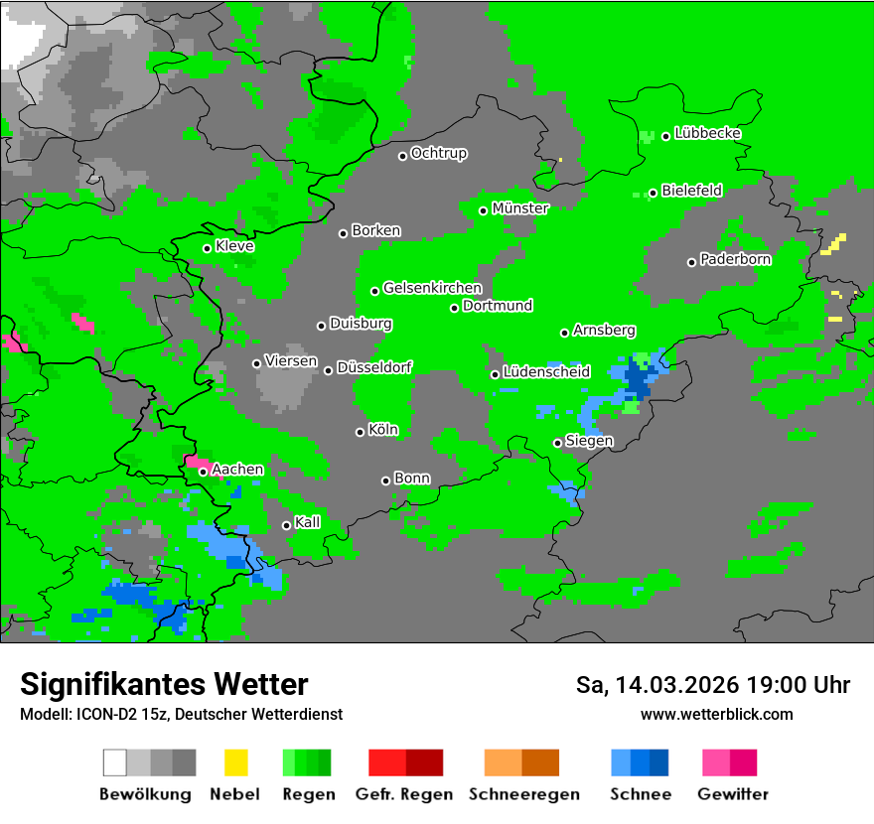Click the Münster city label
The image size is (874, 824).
[x=520, y=208]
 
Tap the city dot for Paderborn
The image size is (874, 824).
[x=692, y=262]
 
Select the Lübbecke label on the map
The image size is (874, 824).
[x=707, y=133]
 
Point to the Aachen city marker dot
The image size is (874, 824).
[x=204, y=473]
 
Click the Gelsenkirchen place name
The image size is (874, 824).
[x=432, y=289]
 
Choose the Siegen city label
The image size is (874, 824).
[x=589, y=441]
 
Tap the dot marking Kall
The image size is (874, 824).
[x=287, y=525]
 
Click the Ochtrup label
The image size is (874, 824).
[x=438, y=154]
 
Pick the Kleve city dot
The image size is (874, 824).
[x=208, y=248]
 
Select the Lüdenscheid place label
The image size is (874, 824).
[x=546, y=372]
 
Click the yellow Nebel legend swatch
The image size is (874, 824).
[x=235, y=762]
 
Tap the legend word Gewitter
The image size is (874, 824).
[x=733, y=794]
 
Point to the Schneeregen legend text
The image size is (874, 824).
[x=524, y=794]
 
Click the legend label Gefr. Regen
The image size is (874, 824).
[x=404, y=794]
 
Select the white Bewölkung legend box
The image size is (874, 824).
[x=115, y=762]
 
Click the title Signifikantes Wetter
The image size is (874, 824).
[x=164, y=685]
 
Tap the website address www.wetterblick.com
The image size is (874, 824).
[x=716, y=714]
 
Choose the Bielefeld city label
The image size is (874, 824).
[x=691, y=191]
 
